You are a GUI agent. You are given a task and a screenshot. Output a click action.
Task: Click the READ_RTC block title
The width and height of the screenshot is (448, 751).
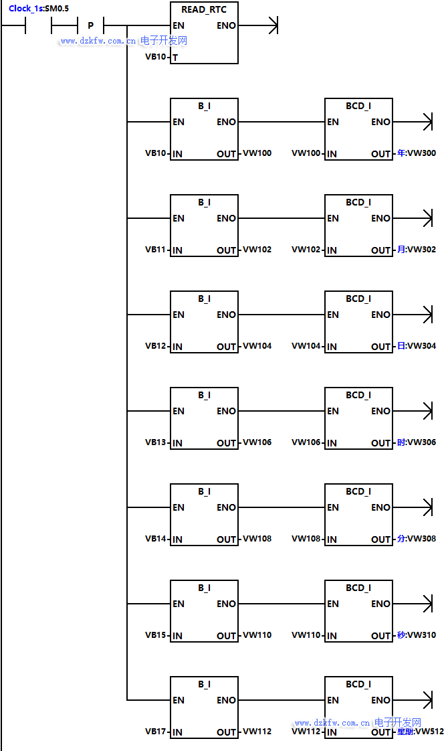coord(204,10)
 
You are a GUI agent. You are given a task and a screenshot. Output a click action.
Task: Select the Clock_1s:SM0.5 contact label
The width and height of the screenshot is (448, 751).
coord(39,9)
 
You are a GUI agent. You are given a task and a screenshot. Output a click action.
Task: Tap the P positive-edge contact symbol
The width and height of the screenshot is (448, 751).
coord(90,26)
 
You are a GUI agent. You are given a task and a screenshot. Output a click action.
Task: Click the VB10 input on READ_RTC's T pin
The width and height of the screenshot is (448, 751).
coord(156,57)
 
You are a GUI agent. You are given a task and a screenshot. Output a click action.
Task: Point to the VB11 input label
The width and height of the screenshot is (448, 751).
coord(156,250)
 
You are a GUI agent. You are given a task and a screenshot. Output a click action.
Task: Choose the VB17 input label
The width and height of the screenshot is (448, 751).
coord(156,732)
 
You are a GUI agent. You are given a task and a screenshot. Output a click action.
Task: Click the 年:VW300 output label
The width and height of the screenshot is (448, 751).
coord(416,153)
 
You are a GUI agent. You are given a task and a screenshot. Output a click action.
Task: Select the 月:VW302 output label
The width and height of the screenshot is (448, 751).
coord(416,250)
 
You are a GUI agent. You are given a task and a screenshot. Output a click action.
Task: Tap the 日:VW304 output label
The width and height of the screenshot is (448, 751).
coord(416,346)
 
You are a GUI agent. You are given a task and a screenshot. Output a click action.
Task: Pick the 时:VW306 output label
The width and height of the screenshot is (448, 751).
coord(416,442)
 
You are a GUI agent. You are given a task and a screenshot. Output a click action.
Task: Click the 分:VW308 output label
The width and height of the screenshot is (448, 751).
coord(416,539)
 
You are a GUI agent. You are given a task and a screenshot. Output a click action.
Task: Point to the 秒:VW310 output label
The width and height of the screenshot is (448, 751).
coord(416,635)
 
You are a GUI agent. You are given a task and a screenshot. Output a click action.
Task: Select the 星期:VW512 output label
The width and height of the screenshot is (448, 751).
coord(420,732)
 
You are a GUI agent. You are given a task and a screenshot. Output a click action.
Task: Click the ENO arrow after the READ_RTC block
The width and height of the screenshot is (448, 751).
coord(271,26)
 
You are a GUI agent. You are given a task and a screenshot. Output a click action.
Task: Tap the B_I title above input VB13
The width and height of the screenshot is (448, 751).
coord(204,396)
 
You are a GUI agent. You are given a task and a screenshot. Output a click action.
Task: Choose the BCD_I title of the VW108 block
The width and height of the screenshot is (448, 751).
coord(358,492)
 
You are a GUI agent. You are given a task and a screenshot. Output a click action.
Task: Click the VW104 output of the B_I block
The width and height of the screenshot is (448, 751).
coord(257,346)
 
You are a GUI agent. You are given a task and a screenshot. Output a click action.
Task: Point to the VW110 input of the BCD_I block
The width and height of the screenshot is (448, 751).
coord(306,635)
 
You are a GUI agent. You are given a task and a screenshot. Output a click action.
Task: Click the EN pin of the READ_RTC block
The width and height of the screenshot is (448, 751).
coord(179,26)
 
